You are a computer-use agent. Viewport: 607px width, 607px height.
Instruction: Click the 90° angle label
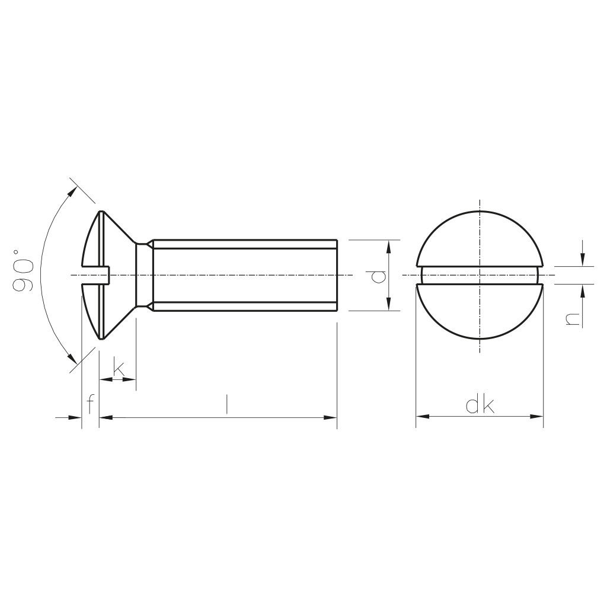point(22,270)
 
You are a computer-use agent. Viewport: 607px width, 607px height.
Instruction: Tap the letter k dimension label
point(119,368)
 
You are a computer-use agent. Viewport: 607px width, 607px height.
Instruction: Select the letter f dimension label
point(90,404)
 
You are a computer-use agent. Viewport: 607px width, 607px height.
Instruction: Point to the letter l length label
point(227,404)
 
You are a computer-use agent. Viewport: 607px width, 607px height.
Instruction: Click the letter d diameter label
point(378,276)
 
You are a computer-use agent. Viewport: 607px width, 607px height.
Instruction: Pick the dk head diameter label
point(480,404)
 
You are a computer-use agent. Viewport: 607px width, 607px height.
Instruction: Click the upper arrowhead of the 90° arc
point(72,191)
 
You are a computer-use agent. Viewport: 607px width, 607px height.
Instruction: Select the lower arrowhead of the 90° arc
point(71,359)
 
